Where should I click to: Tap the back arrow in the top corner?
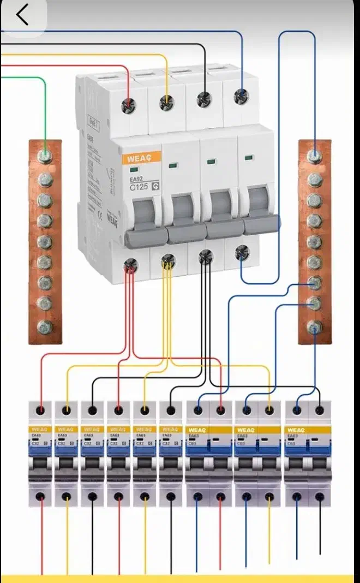[22, 15]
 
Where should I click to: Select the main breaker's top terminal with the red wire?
[129, 104]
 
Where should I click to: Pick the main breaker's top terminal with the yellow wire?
[166, 102]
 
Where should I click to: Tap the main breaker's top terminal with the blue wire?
[241, 96]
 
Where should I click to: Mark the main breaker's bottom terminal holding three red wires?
[130, 266]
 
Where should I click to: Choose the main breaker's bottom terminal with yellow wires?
[167, 263]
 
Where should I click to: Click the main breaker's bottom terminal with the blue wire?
[242, 252]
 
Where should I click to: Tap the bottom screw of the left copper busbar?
[45, 326]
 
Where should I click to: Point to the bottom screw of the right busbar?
[314, 326]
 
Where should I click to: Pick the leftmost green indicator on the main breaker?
[134, 170]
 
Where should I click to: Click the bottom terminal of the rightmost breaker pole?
[320, 497]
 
